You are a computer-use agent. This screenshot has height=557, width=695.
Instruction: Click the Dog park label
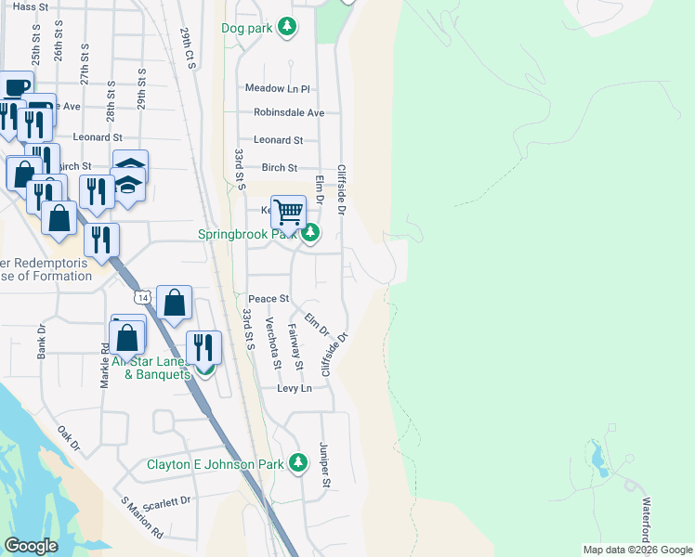click(x=247, y=28)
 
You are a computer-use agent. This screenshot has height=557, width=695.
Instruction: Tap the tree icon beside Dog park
click(x=288, y=27)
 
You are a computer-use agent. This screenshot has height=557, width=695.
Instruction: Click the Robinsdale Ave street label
click(x=289, y=113)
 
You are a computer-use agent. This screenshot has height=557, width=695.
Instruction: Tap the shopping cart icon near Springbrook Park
click(x=289, y=212)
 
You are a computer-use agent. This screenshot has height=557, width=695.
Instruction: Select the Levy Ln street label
click(x=294, y=388)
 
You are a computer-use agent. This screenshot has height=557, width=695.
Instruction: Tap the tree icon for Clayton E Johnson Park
click(x=297, y=462)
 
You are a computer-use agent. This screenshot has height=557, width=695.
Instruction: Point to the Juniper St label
click(x=326, y=464)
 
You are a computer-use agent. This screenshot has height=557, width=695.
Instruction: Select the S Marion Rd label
click(x=142, y=519)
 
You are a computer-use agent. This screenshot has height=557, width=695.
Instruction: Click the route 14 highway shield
click(x=140, y=297)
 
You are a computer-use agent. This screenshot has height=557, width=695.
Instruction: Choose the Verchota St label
click(x=271, y=343)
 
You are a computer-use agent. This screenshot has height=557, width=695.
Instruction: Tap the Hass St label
click(x=31, y=6)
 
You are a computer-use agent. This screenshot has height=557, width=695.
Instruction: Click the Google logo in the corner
click(x=31, y=546)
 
